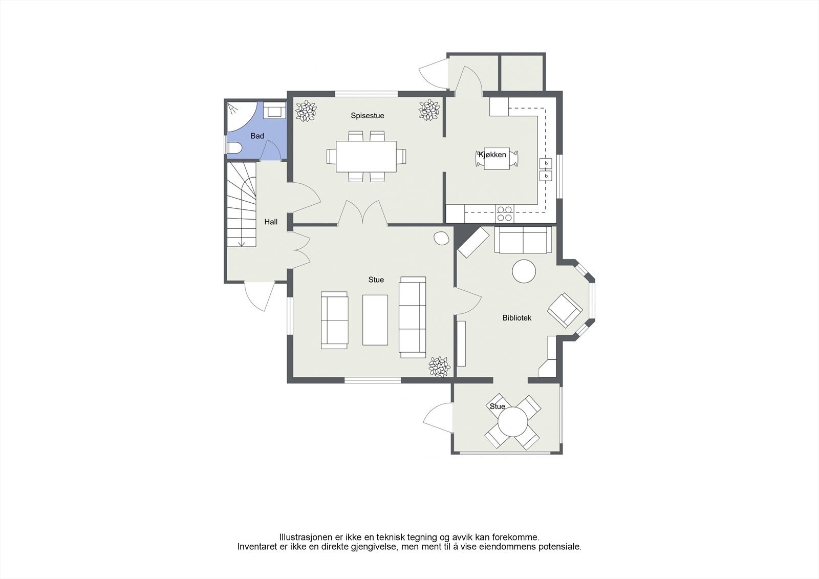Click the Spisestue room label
(367, 116)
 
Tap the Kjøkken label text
(492, 155)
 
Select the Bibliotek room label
(516, 318)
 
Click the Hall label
(271, 222)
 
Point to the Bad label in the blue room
(257, 136)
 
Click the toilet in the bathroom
(234, 148)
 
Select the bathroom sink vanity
(275, 111)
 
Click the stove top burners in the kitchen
(505, 213)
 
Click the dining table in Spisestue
(366, 156)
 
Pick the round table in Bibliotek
(524, 271)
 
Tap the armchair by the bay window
(565, 310)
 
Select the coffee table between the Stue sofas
(375, 319)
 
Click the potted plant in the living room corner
(439, 367)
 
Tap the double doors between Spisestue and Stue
(362, 212)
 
